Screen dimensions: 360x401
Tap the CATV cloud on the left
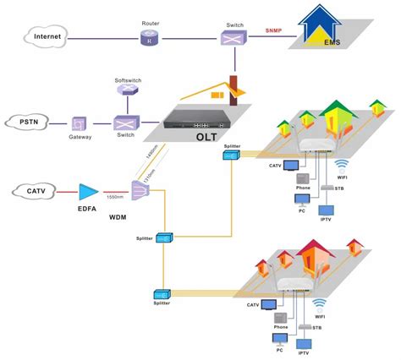[33, 193]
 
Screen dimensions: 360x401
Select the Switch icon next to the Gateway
[124, 123]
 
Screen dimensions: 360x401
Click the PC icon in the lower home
[278, 340]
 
